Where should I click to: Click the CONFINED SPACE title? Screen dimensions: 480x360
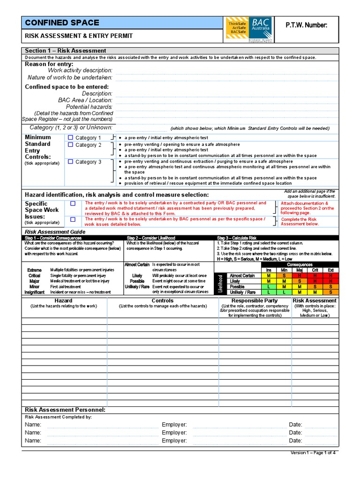click(62, 22)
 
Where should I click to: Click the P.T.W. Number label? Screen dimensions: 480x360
click(307, 24)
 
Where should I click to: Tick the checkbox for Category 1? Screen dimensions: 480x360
click(71, 137)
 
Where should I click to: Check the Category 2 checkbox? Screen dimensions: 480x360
click(71, 145)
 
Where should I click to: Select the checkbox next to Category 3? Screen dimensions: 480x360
click(71, 162)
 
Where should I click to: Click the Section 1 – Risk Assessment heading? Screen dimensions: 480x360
click(65, 51)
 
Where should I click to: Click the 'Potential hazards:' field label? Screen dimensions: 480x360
click(89, 107)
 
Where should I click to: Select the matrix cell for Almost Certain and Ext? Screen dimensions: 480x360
click(330, 276)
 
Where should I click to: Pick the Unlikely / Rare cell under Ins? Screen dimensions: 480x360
click(269, 292)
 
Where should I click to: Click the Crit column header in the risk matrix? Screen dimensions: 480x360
click(315, 270)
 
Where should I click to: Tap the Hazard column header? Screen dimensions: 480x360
click(63, 300)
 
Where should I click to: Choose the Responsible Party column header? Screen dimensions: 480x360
click(255, 300)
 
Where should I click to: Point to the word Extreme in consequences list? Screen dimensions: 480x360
click(34, 270)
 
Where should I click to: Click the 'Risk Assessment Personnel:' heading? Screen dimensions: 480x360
click(65, 410)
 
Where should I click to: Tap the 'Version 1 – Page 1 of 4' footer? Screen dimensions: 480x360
click(313, 453)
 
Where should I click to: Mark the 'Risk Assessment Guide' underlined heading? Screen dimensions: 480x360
click(55, 232)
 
